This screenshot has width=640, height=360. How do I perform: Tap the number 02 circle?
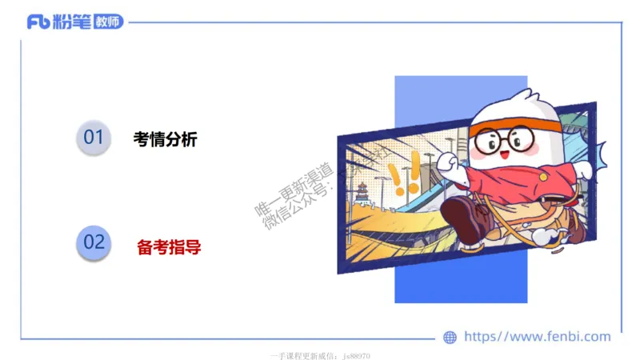pos(94,242)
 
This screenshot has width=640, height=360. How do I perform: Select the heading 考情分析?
pos(165,139)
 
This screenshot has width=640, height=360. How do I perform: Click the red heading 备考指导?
pos(169,247)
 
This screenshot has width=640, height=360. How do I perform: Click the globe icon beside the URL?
pos(450,337)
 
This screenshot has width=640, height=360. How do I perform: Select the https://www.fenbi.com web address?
pos(537,337)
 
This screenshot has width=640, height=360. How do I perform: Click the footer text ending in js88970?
pos(320,355)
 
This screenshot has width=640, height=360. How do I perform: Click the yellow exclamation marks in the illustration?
pos(403,178)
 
